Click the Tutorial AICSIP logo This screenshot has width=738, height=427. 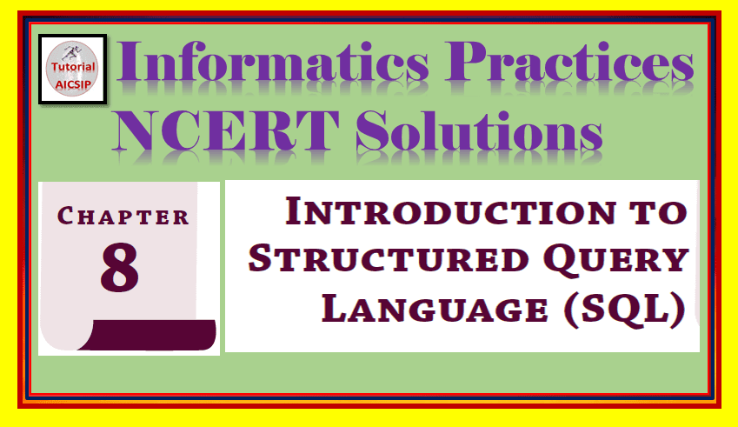coord(73,70)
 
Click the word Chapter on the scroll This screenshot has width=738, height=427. coord(123,217)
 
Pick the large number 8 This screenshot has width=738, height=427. coord(120,268)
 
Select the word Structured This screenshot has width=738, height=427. coord(409,260)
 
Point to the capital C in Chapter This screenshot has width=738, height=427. coord(65,217)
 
